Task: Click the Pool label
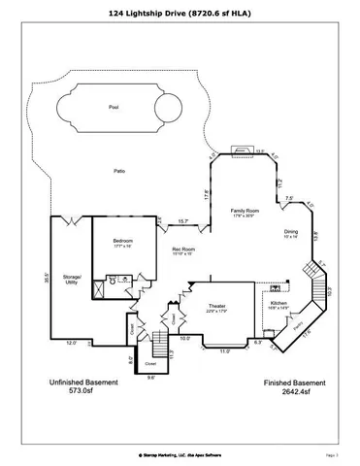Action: [x=114, y=107]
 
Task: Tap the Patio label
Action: [x=118, y=172]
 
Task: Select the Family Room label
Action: [x=244, y=211]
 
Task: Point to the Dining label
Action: [x=291, y=232]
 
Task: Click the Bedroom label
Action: [x=123, y=241]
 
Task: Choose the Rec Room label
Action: [x=184, y=250]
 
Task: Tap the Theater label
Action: [x=216, y=307]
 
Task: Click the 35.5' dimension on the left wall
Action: [x=47, y=277]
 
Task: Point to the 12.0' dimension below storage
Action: [x=71, y=343]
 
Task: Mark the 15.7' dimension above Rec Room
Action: [x=182, y=222]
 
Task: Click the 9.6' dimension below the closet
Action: [x=150, y=379]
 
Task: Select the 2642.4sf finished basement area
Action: [x=291, y=394]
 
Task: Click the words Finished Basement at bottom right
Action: [x=291, y=384]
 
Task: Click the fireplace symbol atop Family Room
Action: [x=240, y=151]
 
